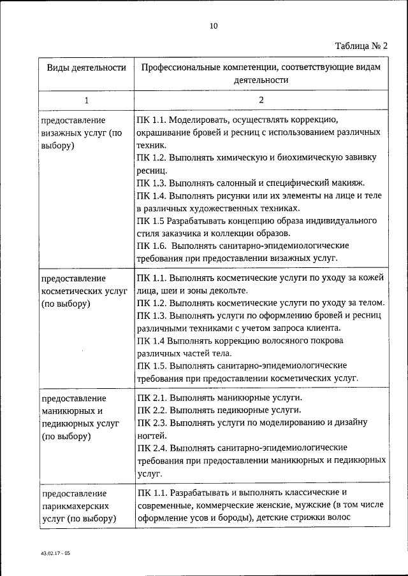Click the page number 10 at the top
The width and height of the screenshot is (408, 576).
[x=213, y=25]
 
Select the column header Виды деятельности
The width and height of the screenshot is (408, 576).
[x=82, y=67]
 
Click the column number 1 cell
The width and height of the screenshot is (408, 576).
[x=86, y=100]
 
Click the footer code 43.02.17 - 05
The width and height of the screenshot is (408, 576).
[x=54, y=554]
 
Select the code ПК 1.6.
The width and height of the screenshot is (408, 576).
[x=151, y=245]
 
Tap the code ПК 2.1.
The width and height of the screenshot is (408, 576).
[x=151, y=397]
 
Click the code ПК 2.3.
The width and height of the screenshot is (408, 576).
[x=151, y=422]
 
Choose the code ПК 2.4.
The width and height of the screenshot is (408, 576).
[x=151, y=447]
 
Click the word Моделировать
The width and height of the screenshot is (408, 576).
[x=201, y=120]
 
